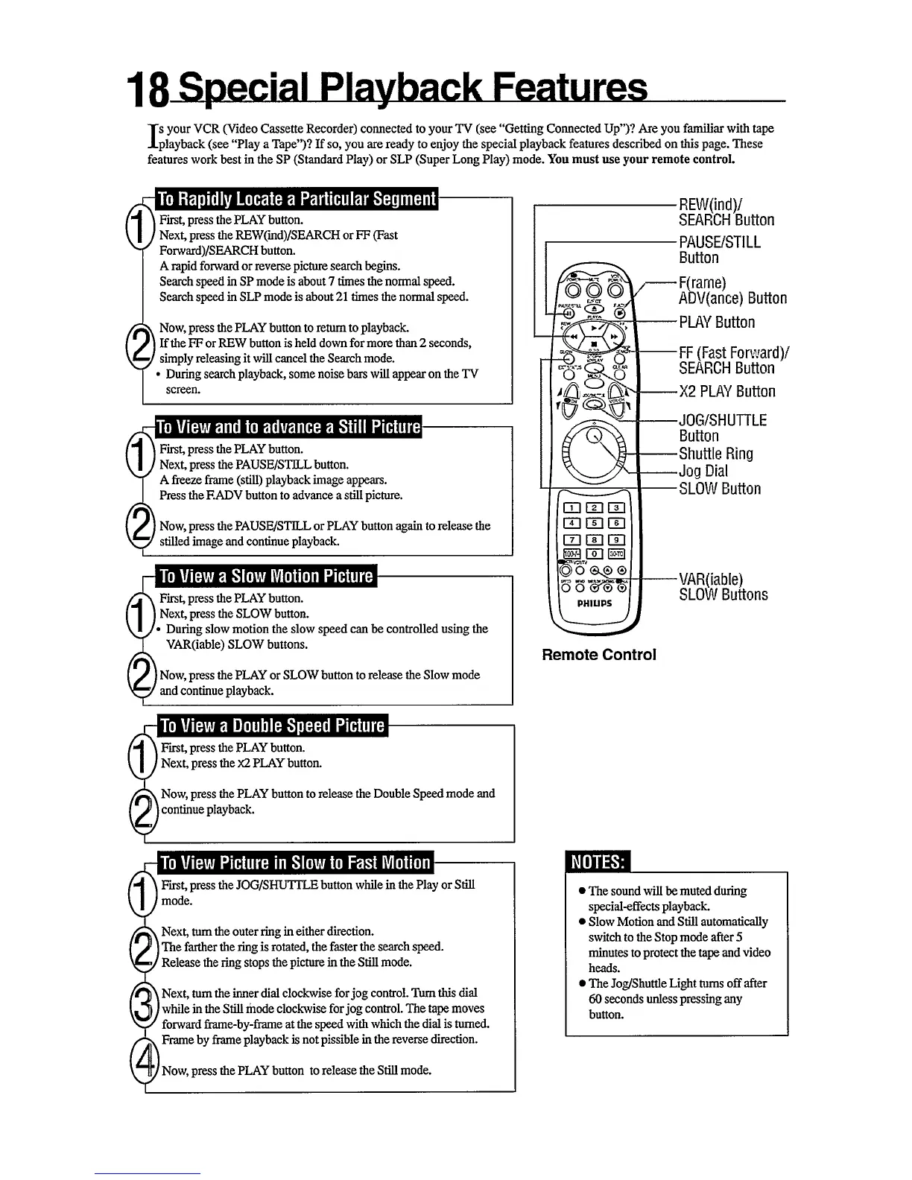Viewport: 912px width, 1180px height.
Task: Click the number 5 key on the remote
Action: pos(595,524)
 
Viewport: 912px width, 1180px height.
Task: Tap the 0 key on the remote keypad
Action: pos(595,553)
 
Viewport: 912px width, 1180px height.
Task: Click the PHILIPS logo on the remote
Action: pos(594,603)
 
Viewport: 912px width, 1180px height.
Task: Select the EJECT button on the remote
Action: pos(594,309)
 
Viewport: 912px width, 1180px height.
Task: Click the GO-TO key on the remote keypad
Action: pos(617,553)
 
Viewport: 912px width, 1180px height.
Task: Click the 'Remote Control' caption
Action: pos(599,655)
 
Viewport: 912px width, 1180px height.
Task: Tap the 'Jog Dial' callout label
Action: pos(703,471)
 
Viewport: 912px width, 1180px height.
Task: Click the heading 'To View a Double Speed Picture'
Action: pos(272,726)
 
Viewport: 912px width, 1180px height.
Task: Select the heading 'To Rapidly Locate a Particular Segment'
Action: pos(297,199)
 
